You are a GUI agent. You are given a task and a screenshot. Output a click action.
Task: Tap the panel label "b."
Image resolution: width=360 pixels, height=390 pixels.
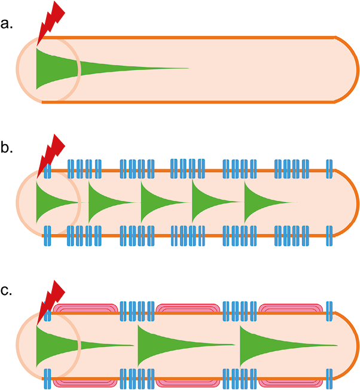(x=9, y=149)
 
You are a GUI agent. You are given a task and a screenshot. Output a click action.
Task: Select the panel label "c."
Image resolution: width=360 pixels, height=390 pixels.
(x=9, y=291)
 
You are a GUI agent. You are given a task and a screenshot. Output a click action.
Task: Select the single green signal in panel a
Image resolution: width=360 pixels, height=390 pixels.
(x=66, y=68)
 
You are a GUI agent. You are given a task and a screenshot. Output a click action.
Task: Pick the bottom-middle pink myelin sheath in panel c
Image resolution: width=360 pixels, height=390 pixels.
(x=188, y=380)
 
